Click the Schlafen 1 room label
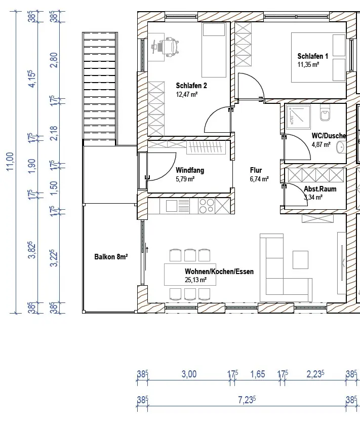[312, 56]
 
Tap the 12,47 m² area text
[187, 94]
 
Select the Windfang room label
[190, 170]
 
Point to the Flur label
[256, 170]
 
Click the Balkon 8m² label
[111, 257]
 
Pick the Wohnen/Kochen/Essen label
[219, 272]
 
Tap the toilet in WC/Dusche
[325, 113]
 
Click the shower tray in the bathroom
[299, 117]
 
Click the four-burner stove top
[206, 206]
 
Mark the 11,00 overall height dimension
[10, 162]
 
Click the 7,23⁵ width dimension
[247, 400]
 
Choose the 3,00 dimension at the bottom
[189, 374]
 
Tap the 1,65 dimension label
[258, 374]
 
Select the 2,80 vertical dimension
[54, 60]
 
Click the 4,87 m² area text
[321, 144]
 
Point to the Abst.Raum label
[320, 189]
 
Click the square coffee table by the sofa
[300, 259]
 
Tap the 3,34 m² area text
[313, 197]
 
